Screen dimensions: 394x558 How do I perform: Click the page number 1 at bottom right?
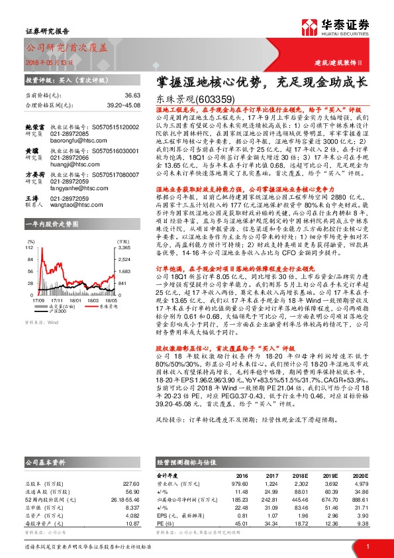367,546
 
